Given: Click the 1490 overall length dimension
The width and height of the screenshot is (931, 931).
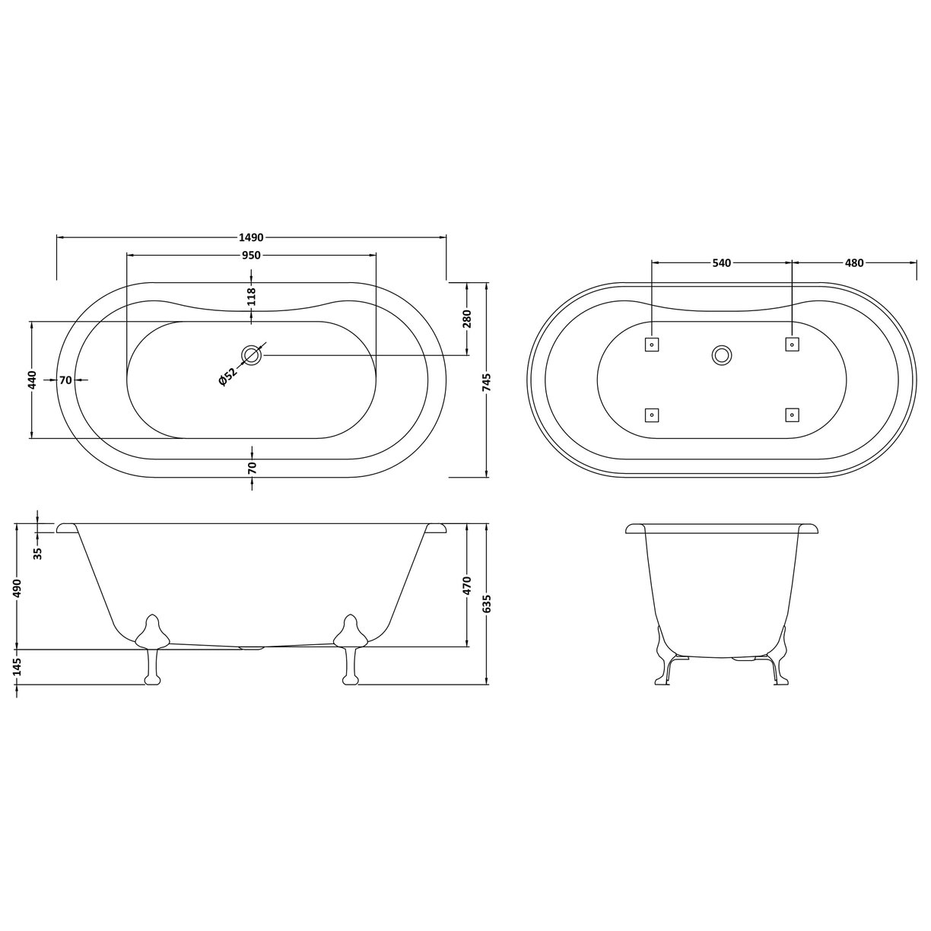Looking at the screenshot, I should (x=252, y=237).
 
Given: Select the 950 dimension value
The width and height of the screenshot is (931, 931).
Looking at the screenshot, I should (x=252, y=256).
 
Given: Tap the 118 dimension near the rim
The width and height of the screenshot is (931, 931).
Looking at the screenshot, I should (x=252, y=296).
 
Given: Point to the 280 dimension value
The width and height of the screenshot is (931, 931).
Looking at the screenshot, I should (x=467, y=319).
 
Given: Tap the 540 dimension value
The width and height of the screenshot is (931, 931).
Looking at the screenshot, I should (x=721, y=263).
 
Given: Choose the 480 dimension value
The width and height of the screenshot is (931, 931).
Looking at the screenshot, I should (x=854, y=263).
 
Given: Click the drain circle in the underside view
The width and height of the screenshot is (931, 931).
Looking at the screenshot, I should (x=722, y=354).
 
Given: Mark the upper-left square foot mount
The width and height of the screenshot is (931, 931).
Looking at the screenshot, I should (x=651, y=345).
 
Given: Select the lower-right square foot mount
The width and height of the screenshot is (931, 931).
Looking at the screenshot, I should (x=792, y=415).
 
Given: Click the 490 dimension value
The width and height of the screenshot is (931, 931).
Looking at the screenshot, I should (x=17, y=588).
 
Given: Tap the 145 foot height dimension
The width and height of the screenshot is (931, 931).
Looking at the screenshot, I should (x=17, y=667).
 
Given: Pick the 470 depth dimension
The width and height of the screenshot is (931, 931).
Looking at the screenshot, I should (x=467, y=586).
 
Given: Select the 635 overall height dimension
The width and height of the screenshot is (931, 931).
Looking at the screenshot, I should (x=487, y=603).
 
